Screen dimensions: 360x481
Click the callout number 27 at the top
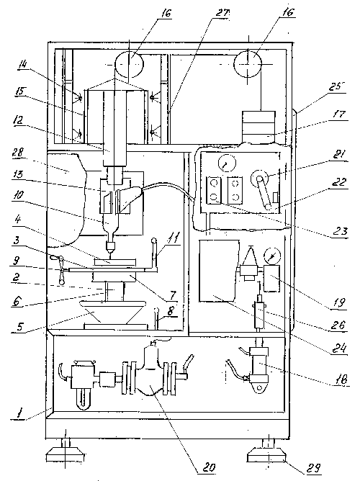(222, 13)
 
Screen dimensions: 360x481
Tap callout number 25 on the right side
(336, 87)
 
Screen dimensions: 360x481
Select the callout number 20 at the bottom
(209, 467)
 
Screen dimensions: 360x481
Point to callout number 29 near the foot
(314, 468)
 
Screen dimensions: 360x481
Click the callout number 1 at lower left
(19, 415)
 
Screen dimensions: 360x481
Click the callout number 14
(23, 64)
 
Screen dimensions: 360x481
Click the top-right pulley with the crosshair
(248, 64)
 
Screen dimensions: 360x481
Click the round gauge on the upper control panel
(227, 163)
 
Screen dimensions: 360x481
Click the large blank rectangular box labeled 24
(219, 271)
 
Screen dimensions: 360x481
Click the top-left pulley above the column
(129, 65)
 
